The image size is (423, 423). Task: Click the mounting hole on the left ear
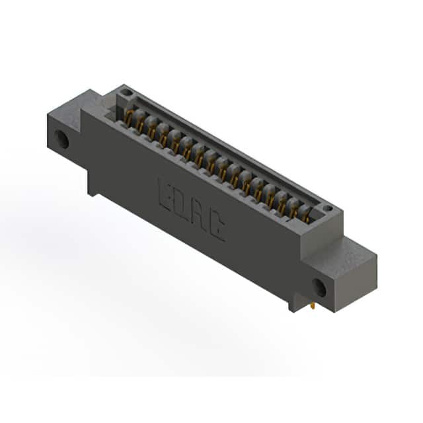(x=61, y=139)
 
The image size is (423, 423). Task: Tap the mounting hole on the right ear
(x=319, y=288)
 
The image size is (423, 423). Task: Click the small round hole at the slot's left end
(x=127, y=93)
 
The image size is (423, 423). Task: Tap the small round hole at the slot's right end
(x=328, y=208)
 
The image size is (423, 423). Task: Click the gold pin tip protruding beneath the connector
(x=313, y=307)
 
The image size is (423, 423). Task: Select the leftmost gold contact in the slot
(x=129, y=118)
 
